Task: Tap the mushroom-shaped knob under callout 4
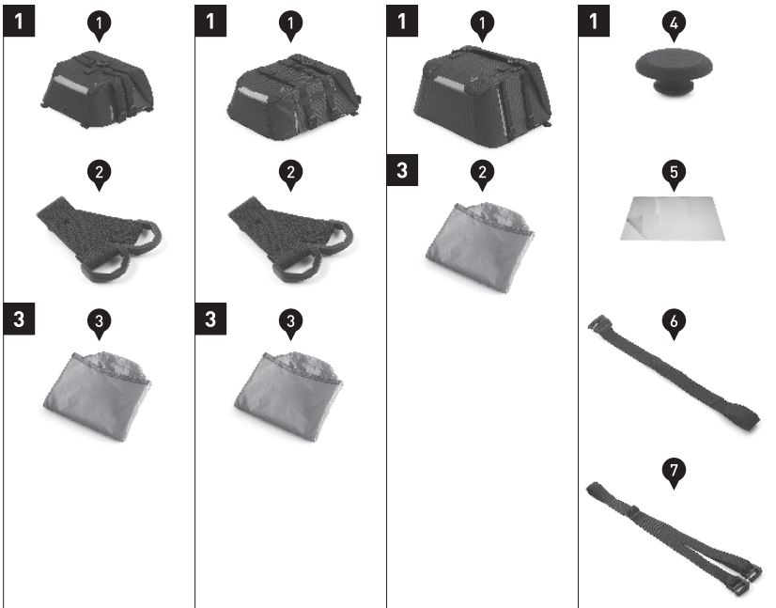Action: pyautogui.click(x=674, y=70)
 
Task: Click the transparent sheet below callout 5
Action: pyautogui.click(x=673, y=218)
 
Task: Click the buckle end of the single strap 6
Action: pyautogui.click(x=597, y=322)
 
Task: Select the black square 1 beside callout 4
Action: pyautogui.click(x=594, y=21)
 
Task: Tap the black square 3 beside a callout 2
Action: pyautogui.click(x=402, y=170)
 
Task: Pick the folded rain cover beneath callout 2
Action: pyautogui.click(x=480, y=247)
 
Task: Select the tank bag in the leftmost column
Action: pyautogui.click(x=98, y=89)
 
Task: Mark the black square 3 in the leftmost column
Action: pyautogui.click(x=19, y=319)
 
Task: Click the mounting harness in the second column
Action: pyautogui.click(x=290, y=239)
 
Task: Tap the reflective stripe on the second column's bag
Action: pyautogui.click(x=254, y=94)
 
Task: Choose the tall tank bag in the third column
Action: pyautogui.click(x=483, y=97)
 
